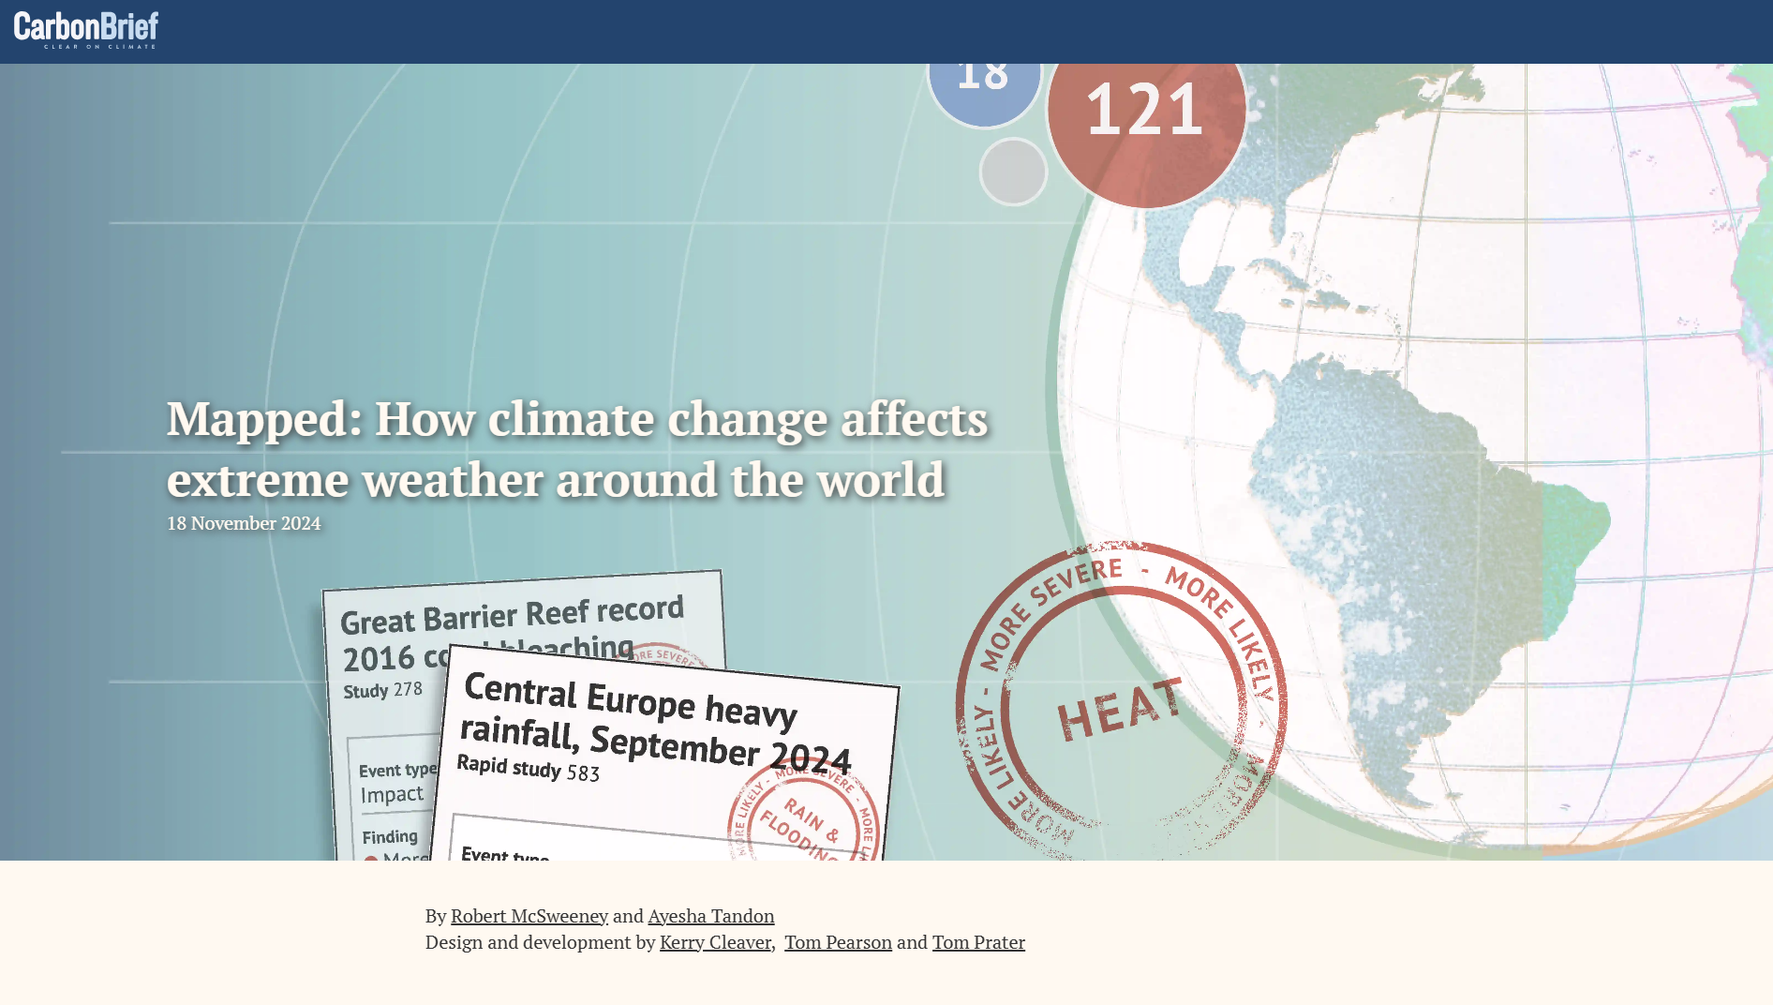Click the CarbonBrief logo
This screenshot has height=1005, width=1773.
coord(85,30)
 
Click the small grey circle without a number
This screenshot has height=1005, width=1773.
coord(1013,172)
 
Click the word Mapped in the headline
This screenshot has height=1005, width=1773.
coord(264,419)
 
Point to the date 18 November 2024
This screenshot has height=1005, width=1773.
coord(244,523)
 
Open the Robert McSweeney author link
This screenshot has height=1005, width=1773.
coord(529,916)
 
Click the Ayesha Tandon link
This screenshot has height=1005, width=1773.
coord(710,916)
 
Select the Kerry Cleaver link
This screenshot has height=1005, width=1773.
coord(715,942)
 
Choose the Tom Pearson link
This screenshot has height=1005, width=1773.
coord(838,942)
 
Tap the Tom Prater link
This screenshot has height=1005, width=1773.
coord(978,942)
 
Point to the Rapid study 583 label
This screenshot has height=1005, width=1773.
coord(528,769)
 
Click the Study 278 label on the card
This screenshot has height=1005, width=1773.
coord(382,690)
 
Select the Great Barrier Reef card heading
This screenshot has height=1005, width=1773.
coord(511,616)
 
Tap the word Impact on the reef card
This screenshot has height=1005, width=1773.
coord(392,795)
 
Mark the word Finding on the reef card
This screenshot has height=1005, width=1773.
coord(390,836)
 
